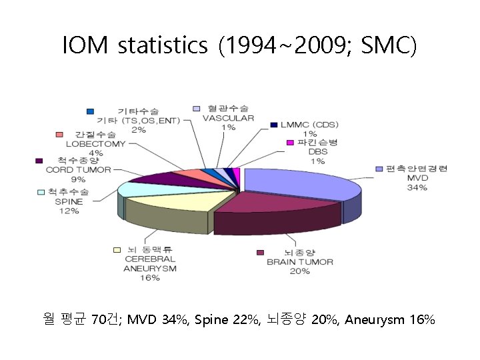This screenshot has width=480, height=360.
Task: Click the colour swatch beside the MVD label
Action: [x=379, y=169]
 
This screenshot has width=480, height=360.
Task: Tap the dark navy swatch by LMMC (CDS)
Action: [x=274, y=125]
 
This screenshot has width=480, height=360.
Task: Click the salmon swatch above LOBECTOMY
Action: [x=60, y=135]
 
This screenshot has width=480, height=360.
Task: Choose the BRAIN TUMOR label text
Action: [x=300, y=262]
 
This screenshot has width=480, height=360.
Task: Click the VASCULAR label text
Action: [x=227, y=118]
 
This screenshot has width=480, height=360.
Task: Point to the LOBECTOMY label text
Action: [x=96, y=144]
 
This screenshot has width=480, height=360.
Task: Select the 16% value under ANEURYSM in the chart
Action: [x=150, y=277]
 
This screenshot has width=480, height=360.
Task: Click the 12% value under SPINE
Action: [x=69, y=211]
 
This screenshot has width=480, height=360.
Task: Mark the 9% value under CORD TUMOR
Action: [x=78, y=179]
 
